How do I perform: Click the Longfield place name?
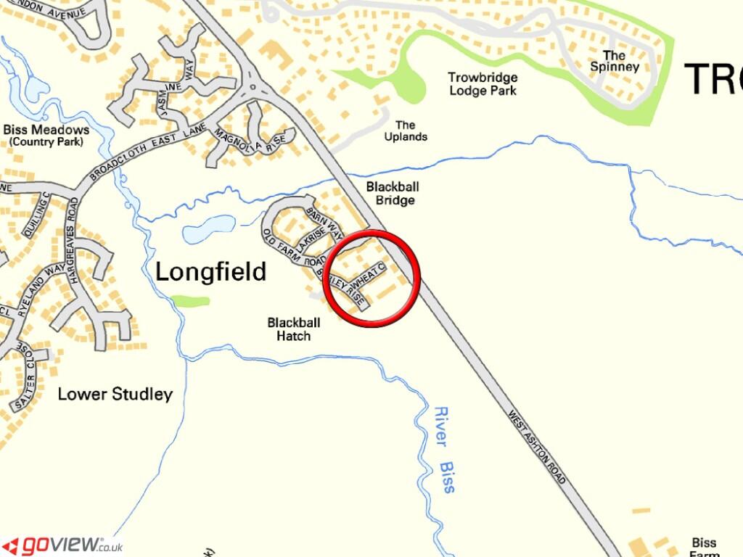(211, 272)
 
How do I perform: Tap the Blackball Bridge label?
(392, 194)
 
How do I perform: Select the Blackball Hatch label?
(289, 329)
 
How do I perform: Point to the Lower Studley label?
(115, 395)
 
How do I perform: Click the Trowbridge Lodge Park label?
(483, 84)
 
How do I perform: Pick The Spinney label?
(614, 61)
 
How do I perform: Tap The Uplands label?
(406, 131)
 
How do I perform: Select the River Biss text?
(444, 450)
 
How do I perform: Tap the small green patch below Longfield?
(191, 300)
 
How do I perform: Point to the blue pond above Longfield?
(208, 229)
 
